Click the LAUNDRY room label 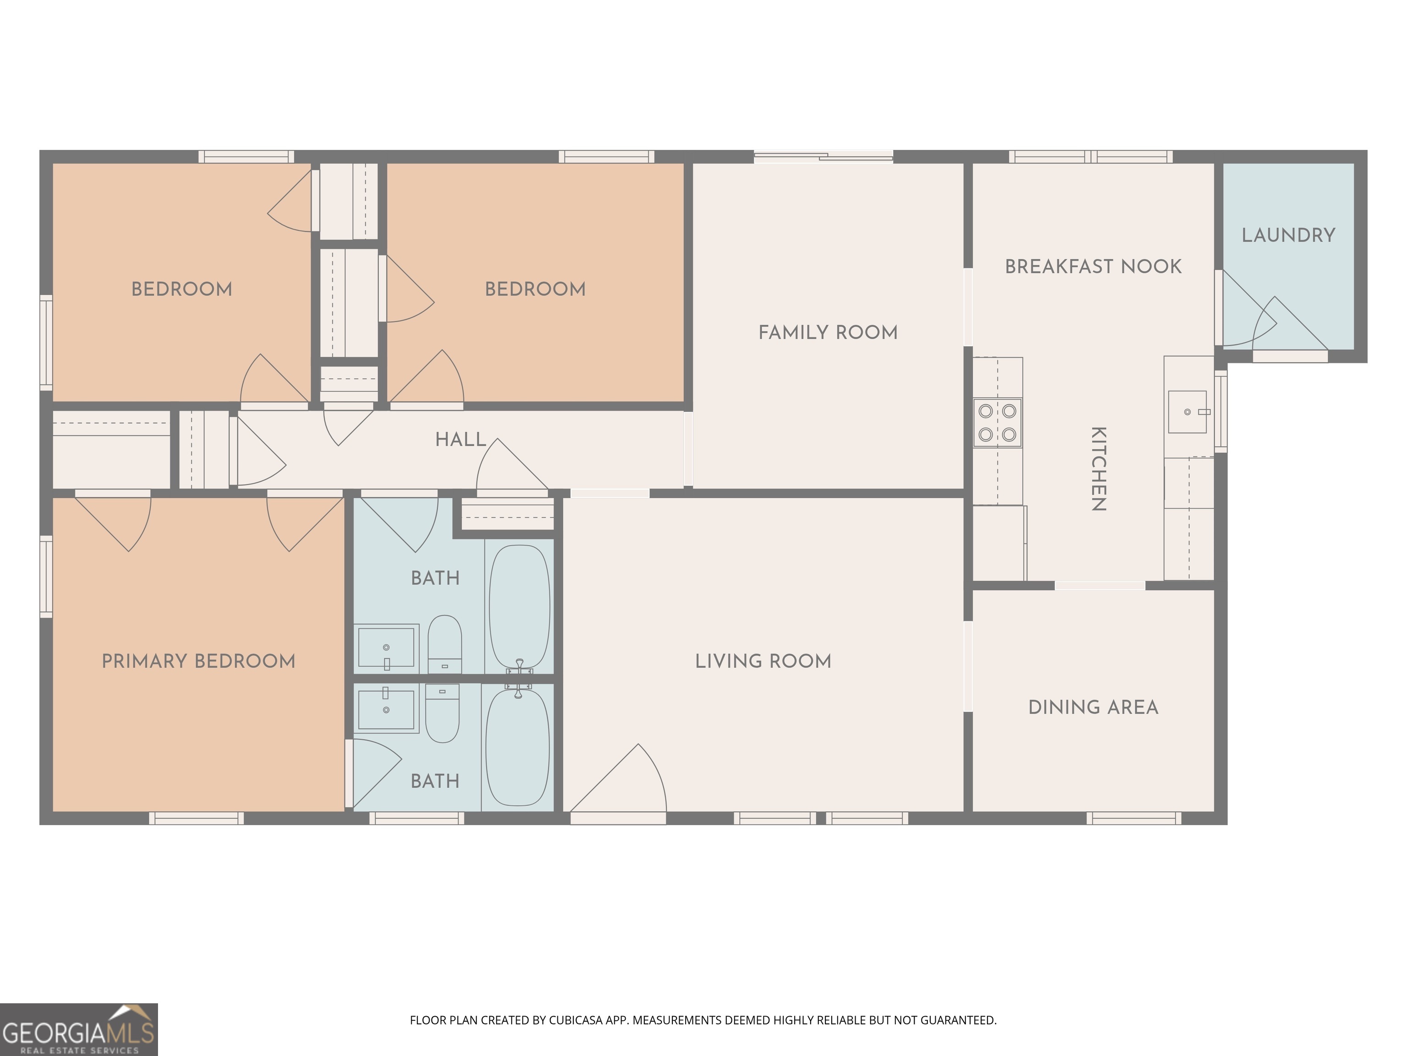pyautogui.click(x=1288, y=236)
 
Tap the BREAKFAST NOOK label pyautogui.click(x=1093, y=267)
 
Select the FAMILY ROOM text pyautogui.click(x=828, y=332)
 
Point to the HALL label pyautogui.click(x=460, y=439)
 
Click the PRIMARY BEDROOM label pyautogui.click(x=198, y=661)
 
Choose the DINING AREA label pyautogui.click(x=1093, y=707)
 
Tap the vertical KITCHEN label pyautogui.click(x=1098, y=469)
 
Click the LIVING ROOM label pyautogui.click(x=763, y=661)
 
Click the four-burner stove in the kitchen pyautogui.click(x=998, y=423)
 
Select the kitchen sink pyautogui.click(x=1187, y=412)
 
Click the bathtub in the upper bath pyautogui.click(x=519, y=606)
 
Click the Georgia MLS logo pyautogui.click(x=78, y=1030)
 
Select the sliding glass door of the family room pyautogui.click(x=823, y=157)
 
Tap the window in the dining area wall pyautogui.click(x=1134, y=818)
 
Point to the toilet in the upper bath pyautogui.click(x=444, y=643)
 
